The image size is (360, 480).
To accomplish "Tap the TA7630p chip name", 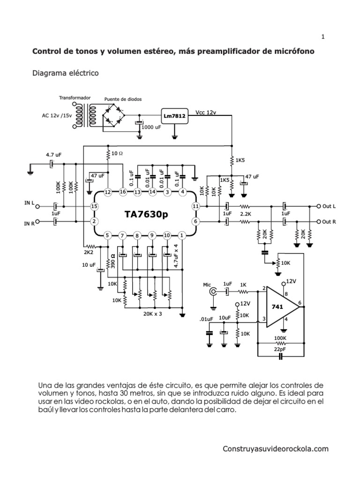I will click(x=145, y=214).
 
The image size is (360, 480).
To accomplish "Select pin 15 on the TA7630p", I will click(x=94, y=206).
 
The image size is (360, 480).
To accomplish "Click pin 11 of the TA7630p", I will click(x=196, y=206).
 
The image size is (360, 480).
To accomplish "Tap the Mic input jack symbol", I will click(x=213, y=292).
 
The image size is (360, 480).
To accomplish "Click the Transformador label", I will click(x=74, y=98).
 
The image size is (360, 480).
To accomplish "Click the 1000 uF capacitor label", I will click(x=151, y=127).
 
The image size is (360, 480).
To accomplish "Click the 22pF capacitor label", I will click(x=281, y=349).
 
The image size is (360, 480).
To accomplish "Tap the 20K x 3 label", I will click(x=152, y=314).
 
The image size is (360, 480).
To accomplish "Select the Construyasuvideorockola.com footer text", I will click(x=276, y=449).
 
